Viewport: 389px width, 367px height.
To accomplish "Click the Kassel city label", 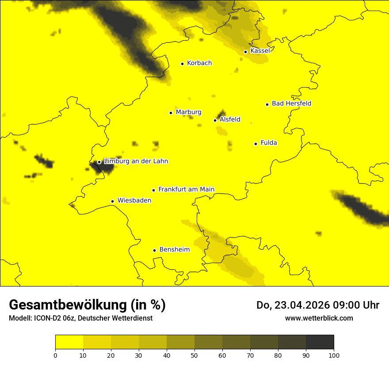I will tap(260, 51).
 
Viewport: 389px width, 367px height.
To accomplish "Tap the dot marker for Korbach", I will tap(182, 64).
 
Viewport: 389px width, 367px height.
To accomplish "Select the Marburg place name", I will tap(188, 112).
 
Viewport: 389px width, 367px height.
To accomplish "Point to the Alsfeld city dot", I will tap(215, 120).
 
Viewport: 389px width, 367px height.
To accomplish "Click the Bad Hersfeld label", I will tap(291, 103).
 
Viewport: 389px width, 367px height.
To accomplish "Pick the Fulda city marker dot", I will tap(256, 144).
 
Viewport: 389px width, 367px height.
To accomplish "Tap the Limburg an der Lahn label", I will tap(136, 161).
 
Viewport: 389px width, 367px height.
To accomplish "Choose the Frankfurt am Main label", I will tap(186, 189).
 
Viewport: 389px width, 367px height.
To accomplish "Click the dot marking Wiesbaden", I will tap(112, 201).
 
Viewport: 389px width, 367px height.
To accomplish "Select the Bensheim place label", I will tap(174, 250).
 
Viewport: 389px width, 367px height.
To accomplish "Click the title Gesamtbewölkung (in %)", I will tap(87, 305).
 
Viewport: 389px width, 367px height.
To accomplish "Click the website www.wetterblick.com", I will tap(319, 318).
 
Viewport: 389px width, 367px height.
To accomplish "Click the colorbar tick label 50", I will tap(194, 355).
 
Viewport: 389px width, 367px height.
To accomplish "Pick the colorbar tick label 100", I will tap(334, 355).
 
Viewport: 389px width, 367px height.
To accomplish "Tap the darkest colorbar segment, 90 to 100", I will tap(320, 342).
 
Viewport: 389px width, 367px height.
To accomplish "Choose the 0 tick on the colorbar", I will tap(55, 355).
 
